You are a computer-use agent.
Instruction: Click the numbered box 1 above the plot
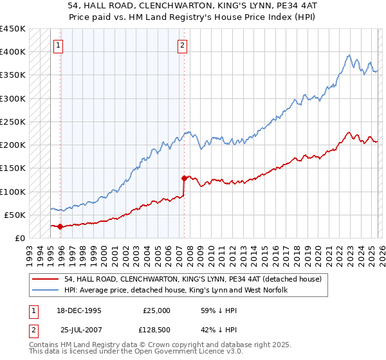(59, 45)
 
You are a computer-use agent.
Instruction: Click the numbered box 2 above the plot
(183, 45)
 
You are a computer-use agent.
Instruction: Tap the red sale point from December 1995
(60, 226)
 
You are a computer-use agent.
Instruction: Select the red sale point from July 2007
(185, 178)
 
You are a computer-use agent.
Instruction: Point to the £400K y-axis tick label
(12, 52)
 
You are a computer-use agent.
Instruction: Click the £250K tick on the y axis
(12, 122)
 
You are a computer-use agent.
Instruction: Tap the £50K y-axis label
(15, 215)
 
